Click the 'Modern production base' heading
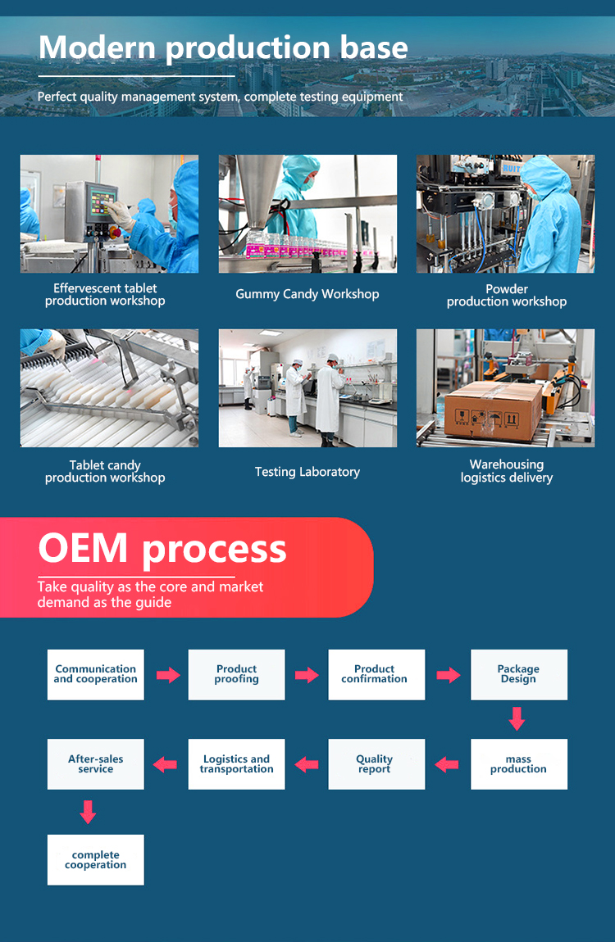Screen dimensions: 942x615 [223, 48]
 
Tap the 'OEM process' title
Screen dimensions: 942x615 [162, 549]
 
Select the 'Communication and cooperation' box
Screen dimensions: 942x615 [95, 674]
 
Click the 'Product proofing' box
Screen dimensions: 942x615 [236, 674]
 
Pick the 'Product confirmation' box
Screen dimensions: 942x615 [376, 674]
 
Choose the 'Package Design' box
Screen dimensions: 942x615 [518, 674]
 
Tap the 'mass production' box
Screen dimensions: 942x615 [518, 764]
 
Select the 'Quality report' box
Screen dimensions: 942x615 [376, 764]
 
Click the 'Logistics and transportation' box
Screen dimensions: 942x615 [236, 764]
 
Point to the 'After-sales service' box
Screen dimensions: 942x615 [95, 764]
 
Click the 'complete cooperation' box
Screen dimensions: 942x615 [95, 859]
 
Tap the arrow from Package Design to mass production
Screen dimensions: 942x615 [516, 719]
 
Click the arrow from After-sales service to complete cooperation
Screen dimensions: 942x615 [89, 812]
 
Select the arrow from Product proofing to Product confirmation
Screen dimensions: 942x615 [307, 675]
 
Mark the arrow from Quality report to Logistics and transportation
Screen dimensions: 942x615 [307, 764]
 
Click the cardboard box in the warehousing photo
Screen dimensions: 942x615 [492, 410]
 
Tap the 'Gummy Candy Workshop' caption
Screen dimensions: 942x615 [307, 294]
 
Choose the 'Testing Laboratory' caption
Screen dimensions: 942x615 [307, 472]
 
